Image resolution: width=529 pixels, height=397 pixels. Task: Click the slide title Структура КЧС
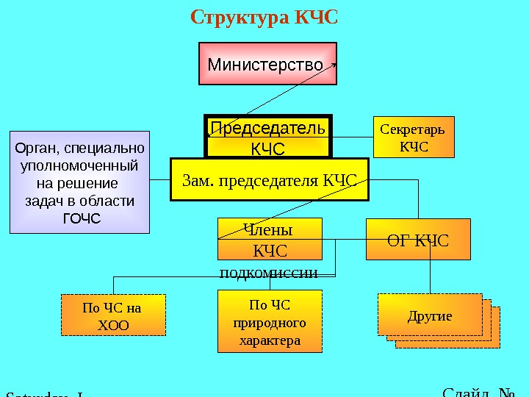264,17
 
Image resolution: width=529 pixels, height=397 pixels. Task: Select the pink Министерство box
267,64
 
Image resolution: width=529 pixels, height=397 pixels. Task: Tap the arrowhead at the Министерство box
334,64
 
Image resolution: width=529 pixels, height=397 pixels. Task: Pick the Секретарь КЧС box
414,137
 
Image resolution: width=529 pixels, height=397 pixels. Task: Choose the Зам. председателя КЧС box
269,180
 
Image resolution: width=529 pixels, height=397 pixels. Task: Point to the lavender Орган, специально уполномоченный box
79,182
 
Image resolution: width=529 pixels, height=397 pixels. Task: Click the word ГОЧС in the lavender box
82,218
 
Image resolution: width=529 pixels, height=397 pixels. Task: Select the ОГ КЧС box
418,240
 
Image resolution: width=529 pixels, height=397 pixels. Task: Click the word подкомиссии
269,273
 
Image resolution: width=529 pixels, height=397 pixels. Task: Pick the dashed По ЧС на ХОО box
112,315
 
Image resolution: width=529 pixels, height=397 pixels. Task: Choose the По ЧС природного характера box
270,322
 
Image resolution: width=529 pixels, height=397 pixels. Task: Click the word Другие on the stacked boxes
429,316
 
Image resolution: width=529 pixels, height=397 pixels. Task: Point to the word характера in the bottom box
270,341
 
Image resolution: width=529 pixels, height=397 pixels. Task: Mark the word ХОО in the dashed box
112,324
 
